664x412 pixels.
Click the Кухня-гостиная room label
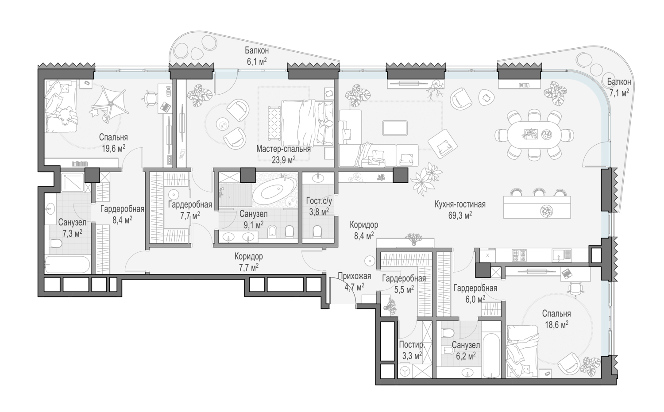click(x=460, y=204)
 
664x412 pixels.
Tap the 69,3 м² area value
click(x=460, y=216)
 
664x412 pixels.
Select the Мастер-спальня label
click(x=283, y=149)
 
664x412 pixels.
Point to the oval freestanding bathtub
click(x=274, y=192)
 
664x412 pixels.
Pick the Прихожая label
click(x=354, y=276)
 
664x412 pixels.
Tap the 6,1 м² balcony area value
click(x=257, y=62)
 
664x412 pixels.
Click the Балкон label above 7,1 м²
click(x=619, y=81)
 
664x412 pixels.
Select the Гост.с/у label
click(x=319, y=201)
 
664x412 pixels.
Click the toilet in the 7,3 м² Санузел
click(x=55, y=243)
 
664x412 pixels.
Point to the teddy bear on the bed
click(x=66, y=116)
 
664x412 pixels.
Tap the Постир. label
click(x=412, y=345)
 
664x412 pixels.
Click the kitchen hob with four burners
click(x=519, y=255)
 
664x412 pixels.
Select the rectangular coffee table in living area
click(x=394, y=128)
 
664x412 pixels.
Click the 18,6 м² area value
click(x=556, y=325)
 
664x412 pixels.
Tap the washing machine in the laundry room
click(x=405, y=371)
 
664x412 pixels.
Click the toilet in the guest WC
click(x=317, y=231)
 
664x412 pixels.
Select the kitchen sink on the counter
click(x=561, y=255)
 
